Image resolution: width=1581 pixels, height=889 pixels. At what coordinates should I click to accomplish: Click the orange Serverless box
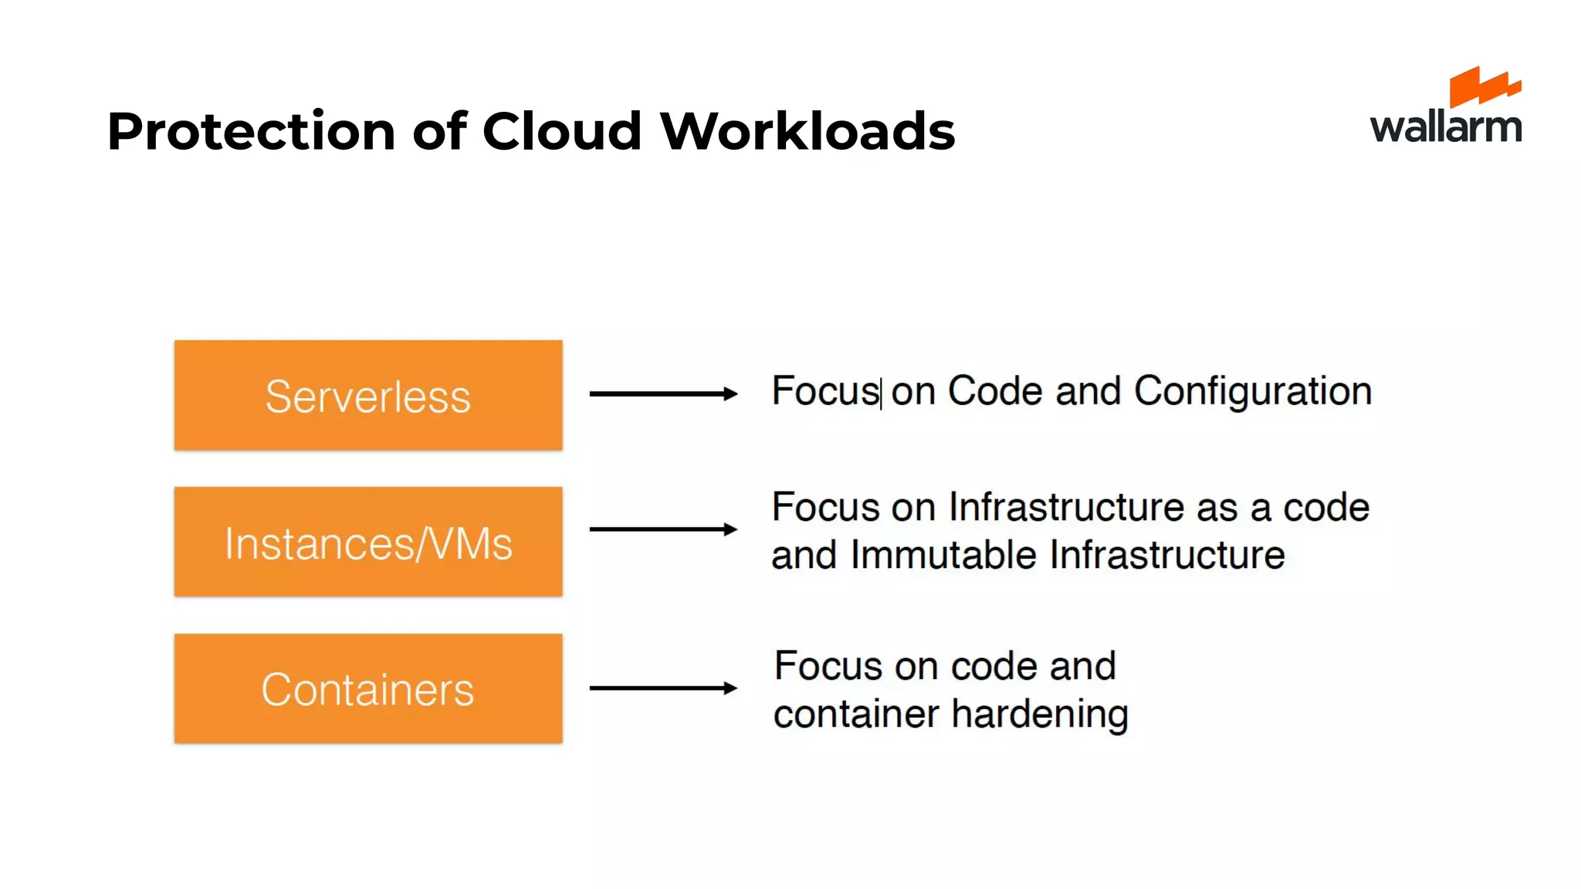(x=368, y=395)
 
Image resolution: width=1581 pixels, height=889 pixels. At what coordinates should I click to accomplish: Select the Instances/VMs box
(x=368, y=542)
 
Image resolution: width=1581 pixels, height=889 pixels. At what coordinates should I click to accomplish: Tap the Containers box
(x=368, y=688)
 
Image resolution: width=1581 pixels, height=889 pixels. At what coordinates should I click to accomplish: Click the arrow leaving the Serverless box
(x=662, y=394)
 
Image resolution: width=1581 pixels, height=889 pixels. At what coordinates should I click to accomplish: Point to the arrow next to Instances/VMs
(x=662, y=529)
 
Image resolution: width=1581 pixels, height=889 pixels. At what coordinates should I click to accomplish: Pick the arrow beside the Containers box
(x=662, y=688)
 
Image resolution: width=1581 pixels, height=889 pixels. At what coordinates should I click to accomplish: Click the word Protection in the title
(x=251, y=131)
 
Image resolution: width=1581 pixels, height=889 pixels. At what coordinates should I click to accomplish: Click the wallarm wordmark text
(x=1445, y=127)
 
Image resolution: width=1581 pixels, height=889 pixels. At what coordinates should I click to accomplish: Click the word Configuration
(x=1252, y=391)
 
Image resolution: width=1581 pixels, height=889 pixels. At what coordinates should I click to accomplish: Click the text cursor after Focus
(x=881, y=392)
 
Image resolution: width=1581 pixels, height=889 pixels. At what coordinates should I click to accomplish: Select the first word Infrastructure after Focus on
(x=1066, y=508)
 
